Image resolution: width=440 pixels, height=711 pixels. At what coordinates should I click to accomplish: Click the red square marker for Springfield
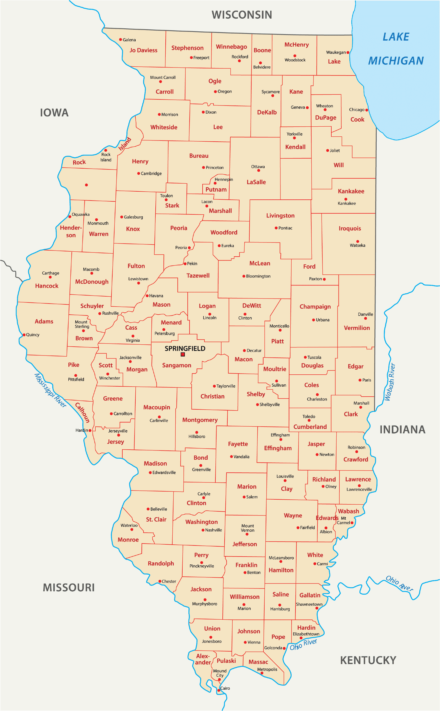183,354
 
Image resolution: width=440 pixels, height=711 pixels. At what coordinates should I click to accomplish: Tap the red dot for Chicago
367,110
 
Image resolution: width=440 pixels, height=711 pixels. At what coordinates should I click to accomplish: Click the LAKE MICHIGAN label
396,49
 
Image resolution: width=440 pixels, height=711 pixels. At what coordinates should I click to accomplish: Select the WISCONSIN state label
242,15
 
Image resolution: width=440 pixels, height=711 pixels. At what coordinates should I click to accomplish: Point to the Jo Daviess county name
143,50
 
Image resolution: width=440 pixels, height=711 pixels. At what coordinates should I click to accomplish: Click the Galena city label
129,40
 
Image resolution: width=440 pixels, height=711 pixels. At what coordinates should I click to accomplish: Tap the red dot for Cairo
219,690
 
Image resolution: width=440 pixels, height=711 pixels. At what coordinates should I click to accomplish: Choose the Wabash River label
390,382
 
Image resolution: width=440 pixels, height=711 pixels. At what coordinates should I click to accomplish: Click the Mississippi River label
50,390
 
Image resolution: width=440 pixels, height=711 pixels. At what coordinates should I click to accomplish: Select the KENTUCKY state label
368,660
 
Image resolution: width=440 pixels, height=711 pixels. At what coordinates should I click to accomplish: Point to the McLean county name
260,263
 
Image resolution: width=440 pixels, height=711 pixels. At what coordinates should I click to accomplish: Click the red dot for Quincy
24,335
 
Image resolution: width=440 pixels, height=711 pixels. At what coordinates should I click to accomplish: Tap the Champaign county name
315,307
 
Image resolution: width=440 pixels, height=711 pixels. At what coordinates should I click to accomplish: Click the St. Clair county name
156,519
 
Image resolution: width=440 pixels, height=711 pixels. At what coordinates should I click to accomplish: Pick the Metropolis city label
267,669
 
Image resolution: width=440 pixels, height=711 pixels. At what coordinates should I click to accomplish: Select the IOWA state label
54,113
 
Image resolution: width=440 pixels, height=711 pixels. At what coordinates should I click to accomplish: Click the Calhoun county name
83,412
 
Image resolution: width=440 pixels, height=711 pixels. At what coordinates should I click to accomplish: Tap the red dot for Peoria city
189,248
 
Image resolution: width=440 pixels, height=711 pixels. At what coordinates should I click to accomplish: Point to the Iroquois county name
350,228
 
